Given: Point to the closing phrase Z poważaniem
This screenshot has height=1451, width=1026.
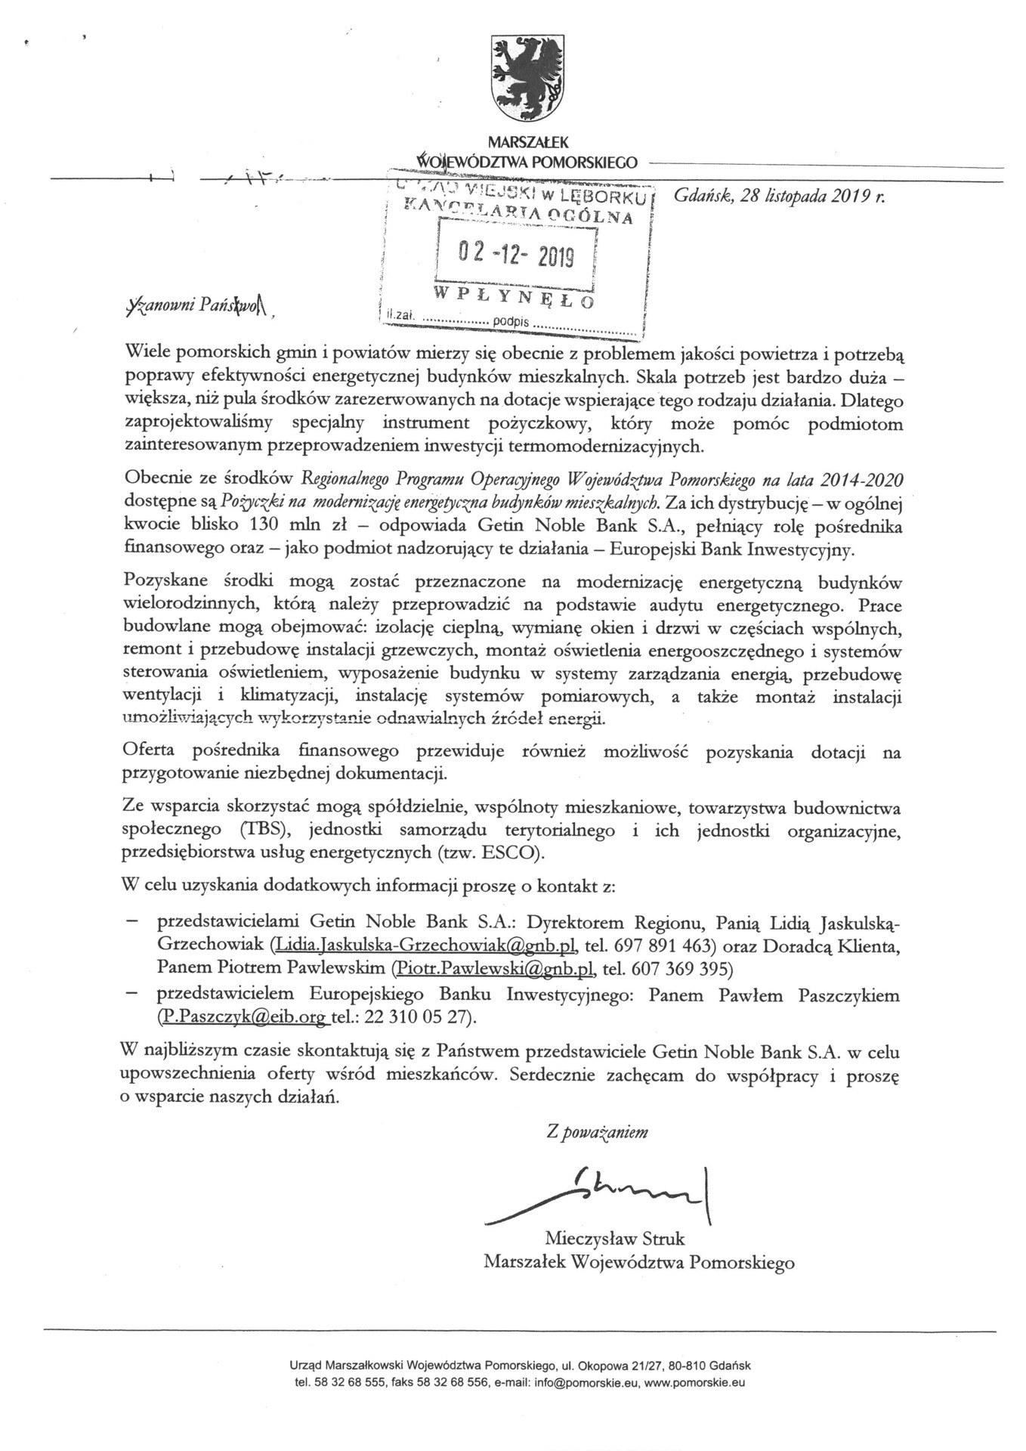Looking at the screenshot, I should (x=597, y=1132).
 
